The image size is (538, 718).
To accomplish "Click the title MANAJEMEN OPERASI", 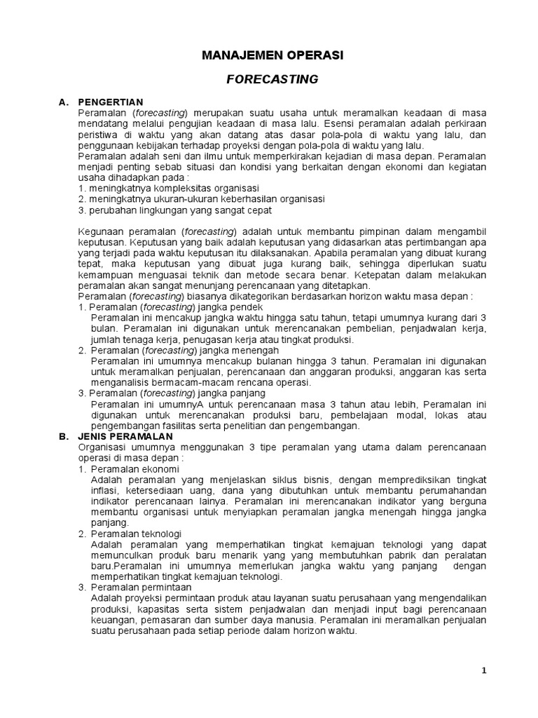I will click(x=273, y=55).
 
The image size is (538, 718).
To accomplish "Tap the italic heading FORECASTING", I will click(x=273, y=79).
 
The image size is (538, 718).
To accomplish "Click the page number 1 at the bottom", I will click(x=483, y=670).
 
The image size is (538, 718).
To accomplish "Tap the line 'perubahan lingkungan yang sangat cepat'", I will click(x=175, y=210).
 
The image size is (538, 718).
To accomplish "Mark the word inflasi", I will click(x=104, y=490).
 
